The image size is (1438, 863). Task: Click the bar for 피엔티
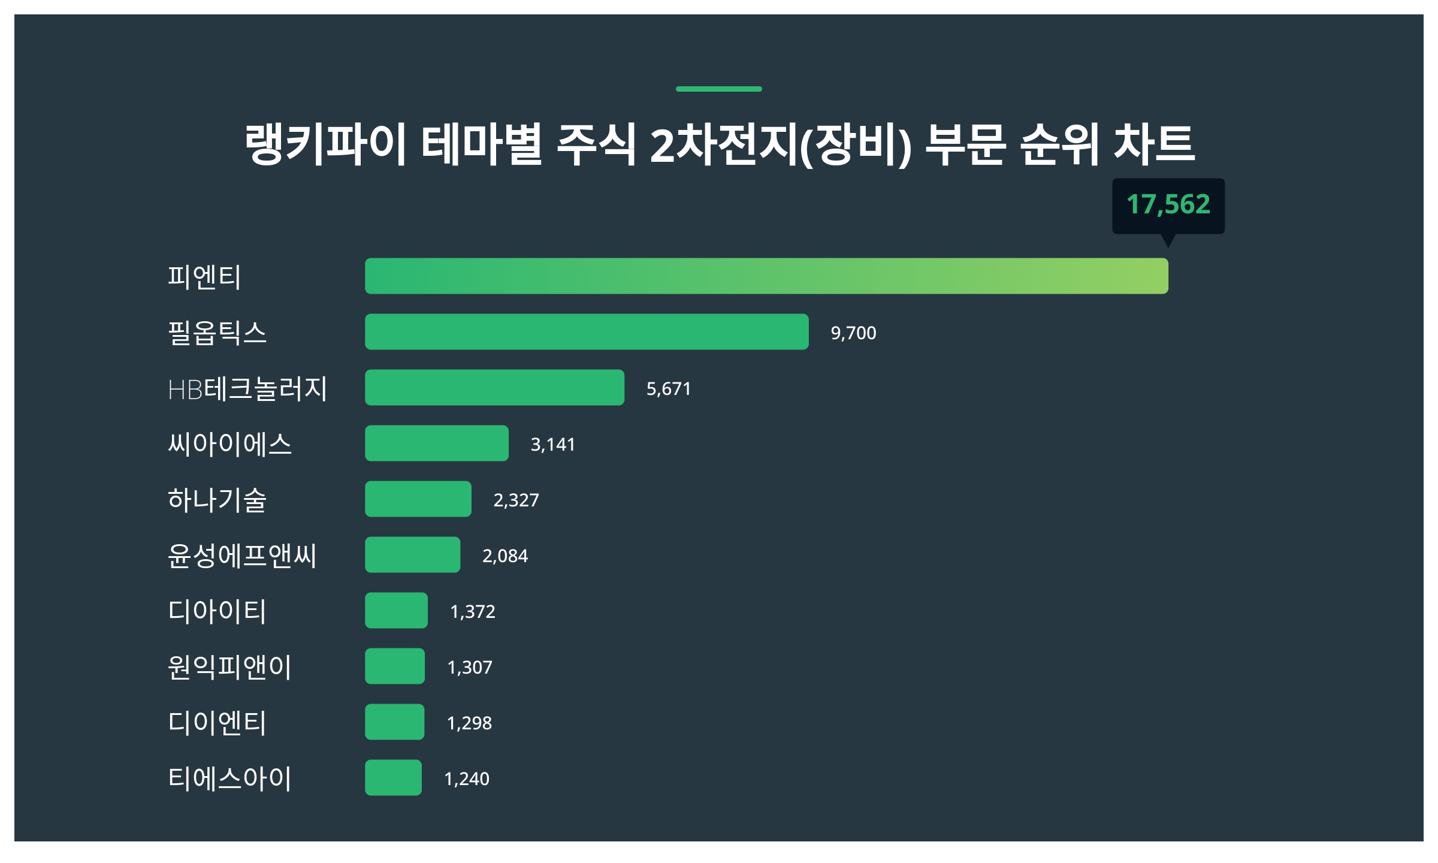point(766,276)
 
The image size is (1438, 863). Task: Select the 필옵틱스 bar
point(587,332)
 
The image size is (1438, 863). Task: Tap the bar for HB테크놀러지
point(494,388)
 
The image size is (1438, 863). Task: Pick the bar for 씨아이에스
point(437,443)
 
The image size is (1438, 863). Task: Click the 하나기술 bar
point(418,499)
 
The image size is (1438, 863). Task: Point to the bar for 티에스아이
point(393,778)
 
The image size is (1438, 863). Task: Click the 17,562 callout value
point(1168,204)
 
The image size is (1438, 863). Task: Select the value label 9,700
point(853,333)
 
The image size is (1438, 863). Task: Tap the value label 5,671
point(669,389)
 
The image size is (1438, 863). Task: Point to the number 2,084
point(505,556)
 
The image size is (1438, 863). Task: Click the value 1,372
point(473,612)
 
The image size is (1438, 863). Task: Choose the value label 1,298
point(469,723)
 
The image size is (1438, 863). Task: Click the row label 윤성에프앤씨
point(242,556)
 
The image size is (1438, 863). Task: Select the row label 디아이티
point(217,611)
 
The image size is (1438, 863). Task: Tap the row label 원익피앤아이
point(229,667)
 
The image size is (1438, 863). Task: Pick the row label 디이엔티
point(217,723)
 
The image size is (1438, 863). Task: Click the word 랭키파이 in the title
point(326,144)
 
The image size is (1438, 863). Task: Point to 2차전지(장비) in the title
point(781,145)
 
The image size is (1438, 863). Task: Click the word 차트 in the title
point(1154,144)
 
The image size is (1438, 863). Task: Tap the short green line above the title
point(718,89)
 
